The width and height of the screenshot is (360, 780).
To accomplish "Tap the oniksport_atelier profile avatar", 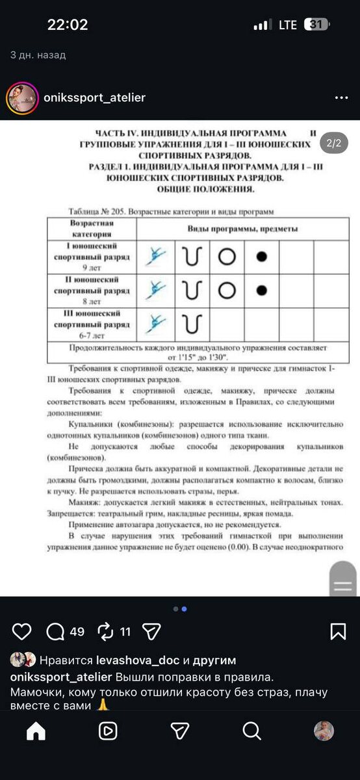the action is (x=21, y=98).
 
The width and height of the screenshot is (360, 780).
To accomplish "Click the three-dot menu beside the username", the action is (x=341, y=98).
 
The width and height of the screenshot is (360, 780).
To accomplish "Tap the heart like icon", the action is (x=21, y=631).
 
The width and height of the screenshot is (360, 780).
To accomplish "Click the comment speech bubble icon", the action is (x=56, y=631).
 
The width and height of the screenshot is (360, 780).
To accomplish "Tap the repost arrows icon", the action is (x=105, y=631).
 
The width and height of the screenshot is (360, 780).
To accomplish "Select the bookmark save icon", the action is (x=338, y=631).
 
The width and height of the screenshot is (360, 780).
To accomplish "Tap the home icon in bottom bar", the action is (x=36, y=731).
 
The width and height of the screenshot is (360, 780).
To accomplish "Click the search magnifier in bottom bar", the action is (x=251, y=731).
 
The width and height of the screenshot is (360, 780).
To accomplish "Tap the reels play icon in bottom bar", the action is (x=108, y=731).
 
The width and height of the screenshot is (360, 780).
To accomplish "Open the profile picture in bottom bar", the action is (x=324, y=731).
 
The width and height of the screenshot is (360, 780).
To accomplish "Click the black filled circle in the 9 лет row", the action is (x=262, y=257).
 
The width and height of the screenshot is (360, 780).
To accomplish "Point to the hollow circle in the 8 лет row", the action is (x=226, y=290).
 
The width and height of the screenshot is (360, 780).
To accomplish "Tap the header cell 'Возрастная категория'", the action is (x=92, y=229).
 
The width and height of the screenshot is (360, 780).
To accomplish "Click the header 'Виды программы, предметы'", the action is (x=242, y=229).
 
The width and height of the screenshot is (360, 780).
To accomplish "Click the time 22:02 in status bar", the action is (x=67, y=25).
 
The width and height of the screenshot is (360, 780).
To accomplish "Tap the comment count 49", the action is (x=77, y=631).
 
